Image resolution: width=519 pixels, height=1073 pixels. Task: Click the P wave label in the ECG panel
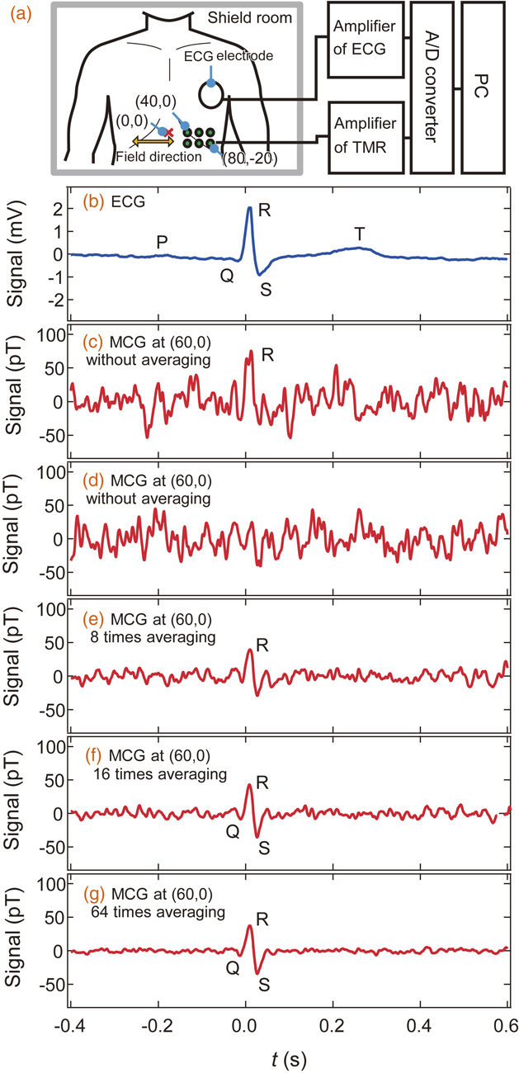[162, 241]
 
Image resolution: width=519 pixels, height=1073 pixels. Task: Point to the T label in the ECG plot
[360, 234]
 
